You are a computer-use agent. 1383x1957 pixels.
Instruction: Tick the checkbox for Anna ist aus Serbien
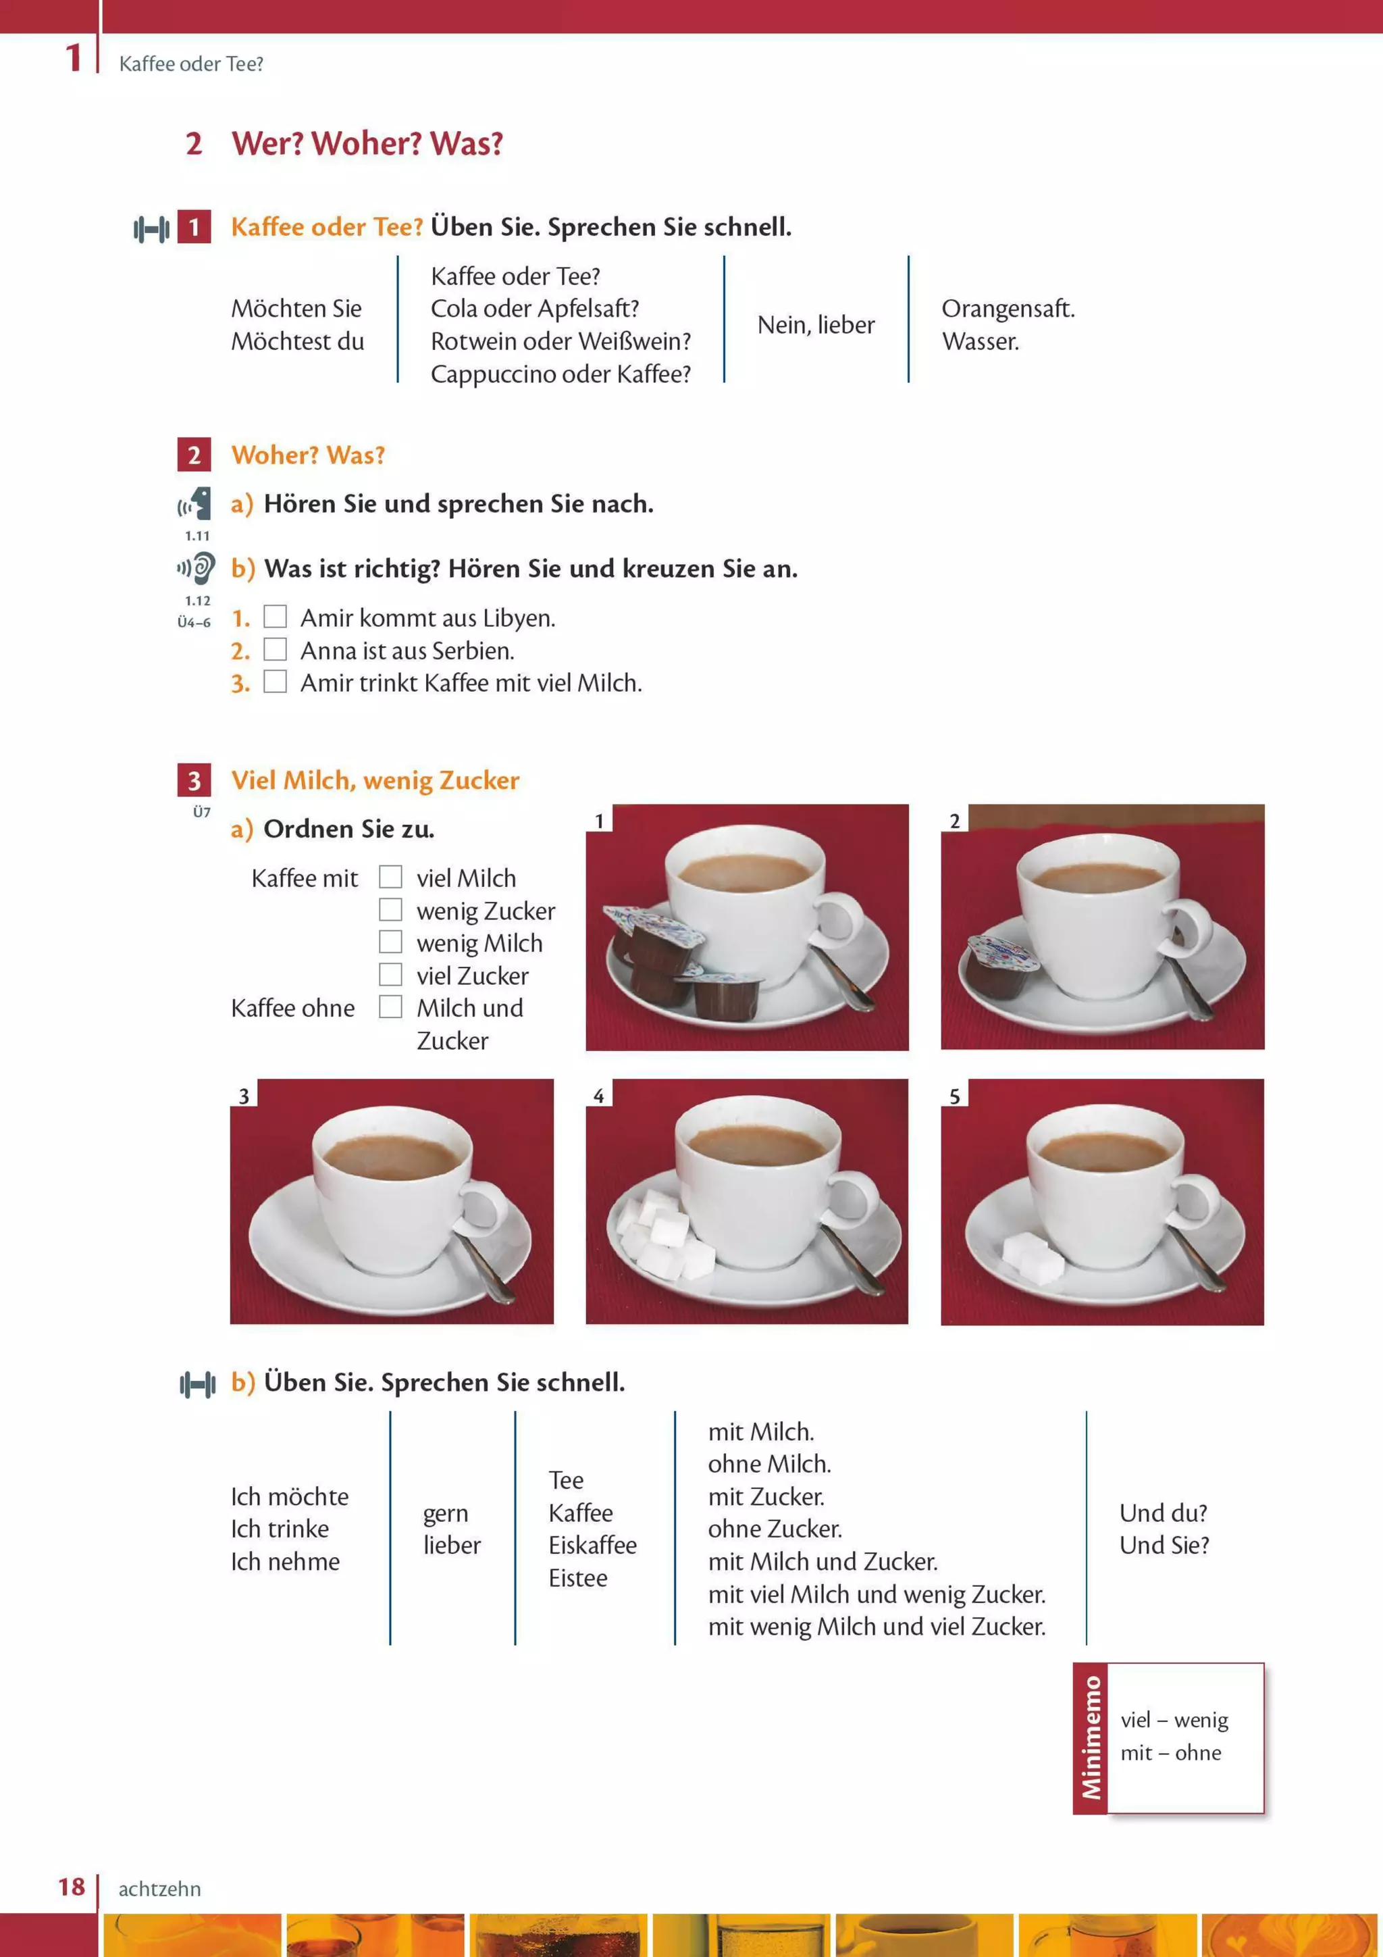[274, 649]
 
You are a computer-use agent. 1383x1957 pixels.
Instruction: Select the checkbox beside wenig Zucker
[390, 909]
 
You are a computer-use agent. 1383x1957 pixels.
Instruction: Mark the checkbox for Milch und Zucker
[390, 1007]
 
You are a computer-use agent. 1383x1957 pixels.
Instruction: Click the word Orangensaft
[1008, 309]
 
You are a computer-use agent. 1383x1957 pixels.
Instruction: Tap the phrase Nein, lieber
[816, 325]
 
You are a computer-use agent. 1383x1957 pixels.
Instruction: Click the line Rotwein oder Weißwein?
[560, 341]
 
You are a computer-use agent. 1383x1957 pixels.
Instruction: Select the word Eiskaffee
[592, 1546]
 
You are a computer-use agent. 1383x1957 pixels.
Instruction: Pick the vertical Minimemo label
[1090, 1738]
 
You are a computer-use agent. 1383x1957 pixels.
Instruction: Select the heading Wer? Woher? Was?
[367, 143]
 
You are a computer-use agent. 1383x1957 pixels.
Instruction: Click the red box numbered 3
[194, 780]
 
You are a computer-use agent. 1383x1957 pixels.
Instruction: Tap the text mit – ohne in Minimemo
[1170, 1753]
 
